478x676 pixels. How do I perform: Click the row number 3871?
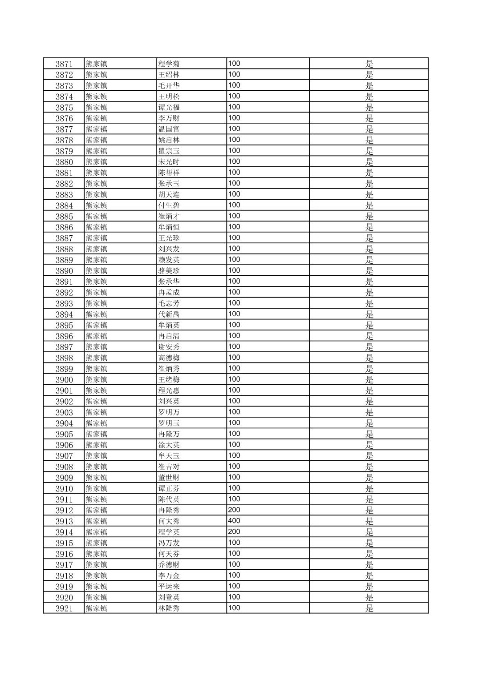tap(64, 64)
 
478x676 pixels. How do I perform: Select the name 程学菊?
tap(169, 64)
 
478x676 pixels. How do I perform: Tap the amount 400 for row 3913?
tap(234, 521)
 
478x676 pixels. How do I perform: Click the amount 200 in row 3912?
tap(234, 510)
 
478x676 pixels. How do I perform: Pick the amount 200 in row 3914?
tap(234, 532)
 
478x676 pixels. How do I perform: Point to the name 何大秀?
tap(169, 521)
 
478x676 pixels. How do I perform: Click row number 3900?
tap(64, 380)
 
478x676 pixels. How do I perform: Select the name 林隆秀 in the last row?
tap(169, 608)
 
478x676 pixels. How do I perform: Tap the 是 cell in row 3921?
tap(369, 608)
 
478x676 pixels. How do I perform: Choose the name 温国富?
tap(169, 129)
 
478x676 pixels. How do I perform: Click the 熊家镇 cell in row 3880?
tap(97, 162)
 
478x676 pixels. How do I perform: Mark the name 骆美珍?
tap(169, 271)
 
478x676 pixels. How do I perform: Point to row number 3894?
tap(64, 314)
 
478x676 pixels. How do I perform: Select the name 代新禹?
tap(169, 314)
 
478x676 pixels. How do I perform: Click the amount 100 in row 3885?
tap(234, 216)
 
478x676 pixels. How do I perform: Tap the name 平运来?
tap(169, 587)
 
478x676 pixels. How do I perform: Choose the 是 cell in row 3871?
tap(369, 64)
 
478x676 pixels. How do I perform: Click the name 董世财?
tap(169, 478)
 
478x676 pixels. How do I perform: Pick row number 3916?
tap(64, 554)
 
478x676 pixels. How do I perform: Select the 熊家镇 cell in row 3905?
tap(97, 434)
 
